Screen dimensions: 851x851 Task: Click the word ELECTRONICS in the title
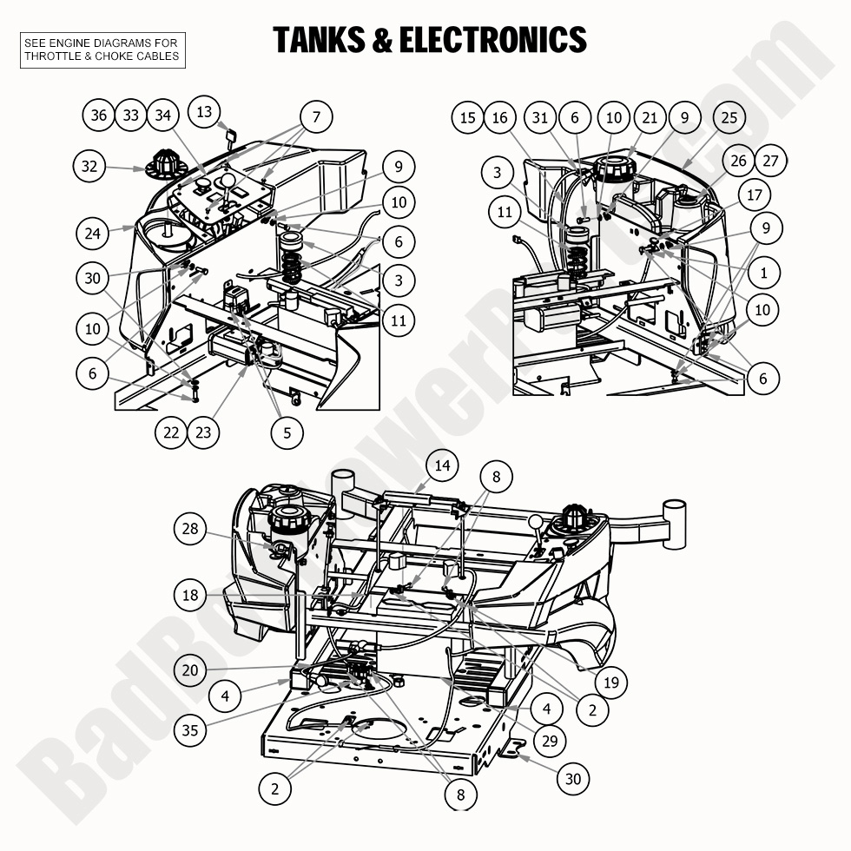pyautogui.click(x=492, y=40)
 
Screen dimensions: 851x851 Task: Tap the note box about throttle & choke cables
pyautogui.click(x=102, y=50)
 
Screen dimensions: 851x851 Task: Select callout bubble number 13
pyautogui.click(x=204, y=112)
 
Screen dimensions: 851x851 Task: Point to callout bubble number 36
pyautogui.click(x=99, y=115)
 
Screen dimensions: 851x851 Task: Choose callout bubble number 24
pyautogui.click(x=94, y=233)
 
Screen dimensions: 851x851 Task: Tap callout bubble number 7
pyautogui.click(x=316, y=116)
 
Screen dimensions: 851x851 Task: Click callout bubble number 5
pyautogui.click(x=287, y=431)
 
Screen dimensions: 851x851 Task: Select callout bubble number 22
pyautogui.click(x=172, y=431)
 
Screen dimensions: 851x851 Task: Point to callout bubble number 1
pyautogui.click(x=764, y=273)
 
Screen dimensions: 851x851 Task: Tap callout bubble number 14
pyautogui.click(x=443, y=465)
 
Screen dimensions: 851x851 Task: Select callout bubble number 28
pyautogui.click(x=191, y=528)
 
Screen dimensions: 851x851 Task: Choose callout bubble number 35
pyautogui.click(x=190, y=729)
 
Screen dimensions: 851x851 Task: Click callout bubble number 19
pyautogui.click(x=610, y=683)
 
